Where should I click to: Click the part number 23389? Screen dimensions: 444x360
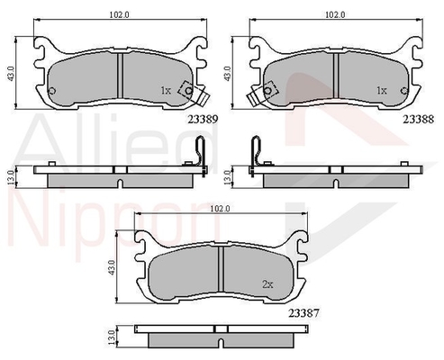click(x=203, y=120)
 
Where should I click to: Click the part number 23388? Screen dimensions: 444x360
click(x=418, y=120)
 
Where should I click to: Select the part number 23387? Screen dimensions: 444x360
click(x=304, y=313)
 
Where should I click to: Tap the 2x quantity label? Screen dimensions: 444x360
click(x=267, y=284)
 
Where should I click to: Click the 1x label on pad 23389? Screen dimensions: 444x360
click(x=166, y=90)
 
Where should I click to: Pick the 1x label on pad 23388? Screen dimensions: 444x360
click(x=382, y=90)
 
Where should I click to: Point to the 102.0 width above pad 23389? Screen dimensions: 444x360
click(x=119, y=14)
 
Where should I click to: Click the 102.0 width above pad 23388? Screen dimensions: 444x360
click(x=335, y=14)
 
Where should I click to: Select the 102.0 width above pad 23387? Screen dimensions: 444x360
click(x=220, y=209)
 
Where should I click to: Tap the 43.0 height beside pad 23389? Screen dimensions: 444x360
click(x=11, y=74)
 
